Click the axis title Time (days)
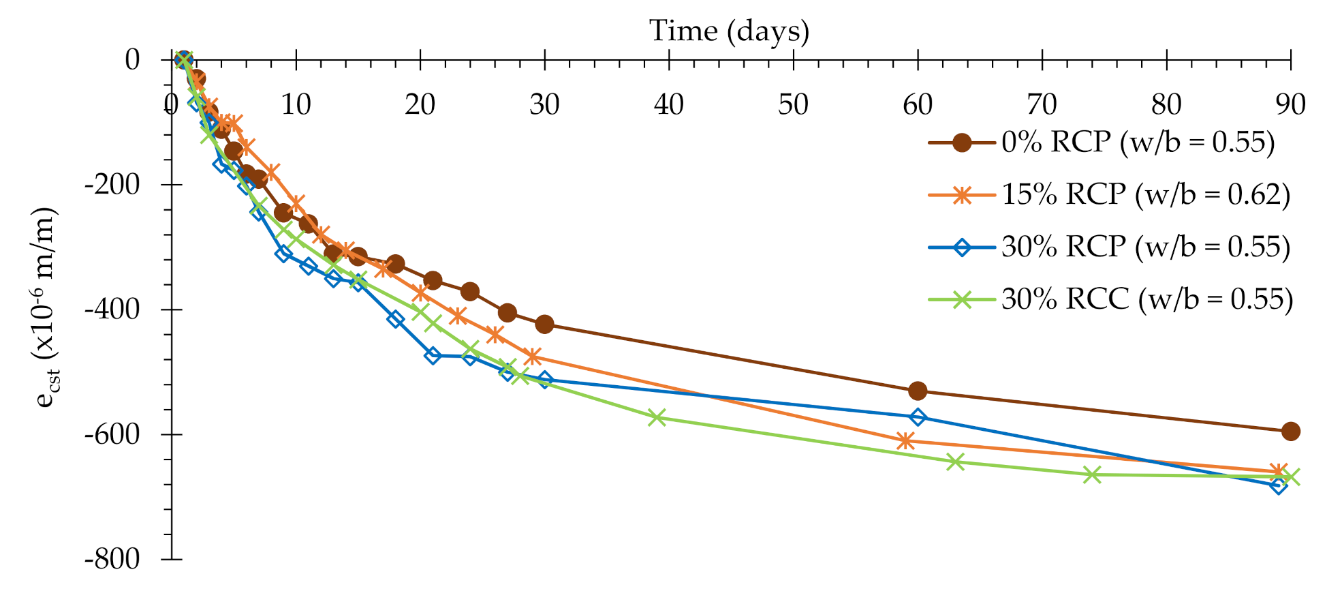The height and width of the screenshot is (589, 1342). [x=729, y=31]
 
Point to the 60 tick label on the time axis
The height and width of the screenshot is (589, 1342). [x=917, y=105]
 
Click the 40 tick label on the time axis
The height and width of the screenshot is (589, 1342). [x=668, y=105]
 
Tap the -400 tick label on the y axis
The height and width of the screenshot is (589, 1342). [x=112, y=309]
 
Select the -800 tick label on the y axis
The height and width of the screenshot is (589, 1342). [x=112, y=560]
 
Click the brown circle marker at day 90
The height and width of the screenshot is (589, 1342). [x=1290, y=431]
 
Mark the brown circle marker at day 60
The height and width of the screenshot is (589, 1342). [x=918, y=391]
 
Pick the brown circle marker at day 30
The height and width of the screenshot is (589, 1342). [x=544, y=324]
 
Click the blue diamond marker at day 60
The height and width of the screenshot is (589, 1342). [x=918, y=417]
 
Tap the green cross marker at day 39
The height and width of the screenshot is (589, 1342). [x=657, y=417]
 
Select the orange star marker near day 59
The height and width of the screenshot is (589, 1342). [x=905, y=441]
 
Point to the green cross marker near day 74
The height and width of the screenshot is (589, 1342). [x=1092, y=474]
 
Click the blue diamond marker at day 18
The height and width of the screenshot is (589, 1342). [x=396, y=318]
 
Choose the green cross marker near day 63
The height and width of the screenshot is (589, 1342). [x=956, y=462]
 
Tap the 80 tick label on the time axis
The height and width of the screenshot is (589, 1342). [x=1166, y=105]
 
